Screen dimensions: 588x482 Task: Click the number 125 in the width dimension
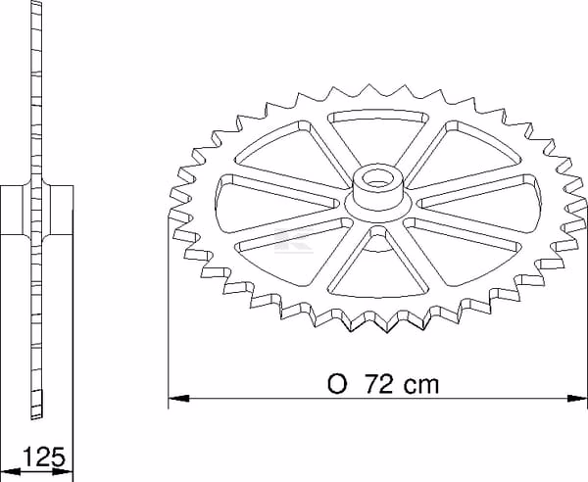pyautogui.click(x=44, y=457)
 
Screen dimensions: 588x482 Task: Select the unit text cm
pyautogui.click(x=420, y=386)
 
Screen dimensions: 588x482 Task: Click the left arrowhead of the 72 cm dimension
pyautogui.click(x=178, y=398)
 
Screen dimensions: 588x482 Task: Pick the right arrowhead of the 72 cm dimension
pyautogui.click(x=577, y=398)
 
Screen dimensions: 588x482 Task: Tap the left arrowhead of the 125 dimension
pyautogui.click(x=10, y=471)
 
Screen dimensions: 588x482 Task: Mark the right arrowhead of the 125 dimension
pyautogui.click(x=63, y=471)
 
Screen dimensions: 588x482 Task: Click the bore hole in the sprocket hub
pyautogui.click(x=377, y=178)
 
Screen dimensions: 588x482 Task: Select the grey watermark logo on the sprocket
pyautogui.click(x=294, y=240)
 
